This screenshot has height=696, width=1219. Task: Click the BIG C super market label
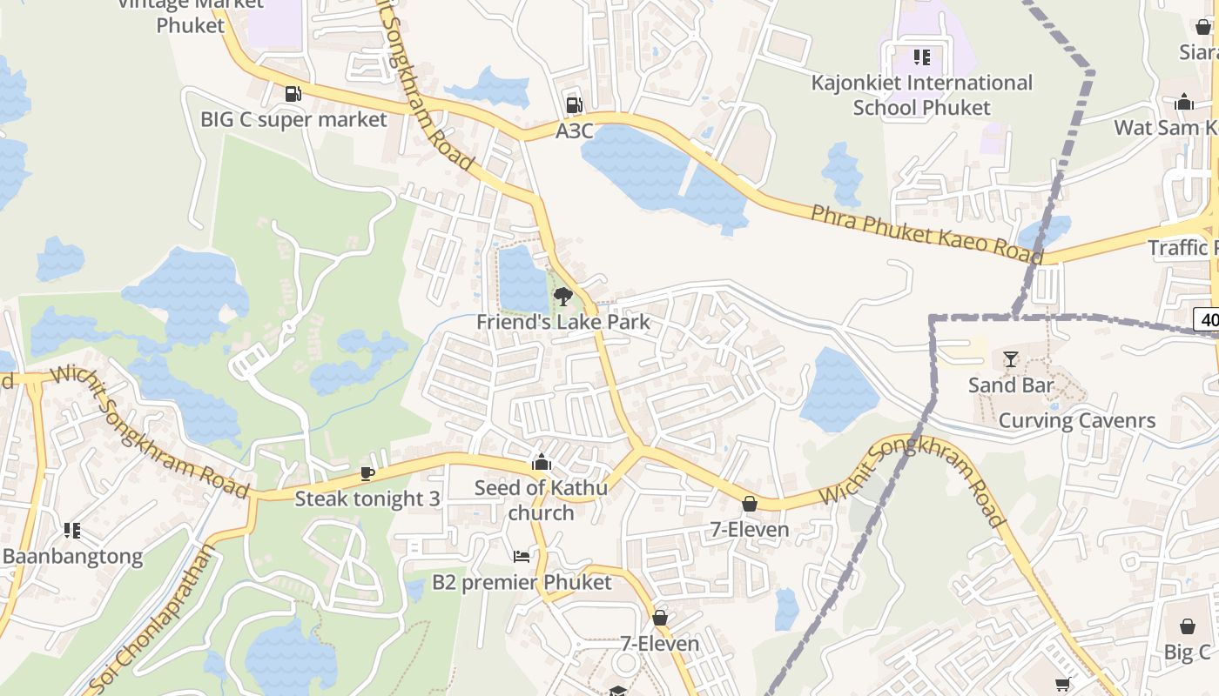[293, 119]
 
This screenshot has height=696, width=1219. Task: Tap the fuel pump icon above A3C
[573, 105]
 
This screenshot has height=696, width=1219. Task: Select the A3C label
[575, 131]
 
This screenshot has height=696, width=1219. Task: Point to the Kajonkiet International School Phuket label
[922, 95]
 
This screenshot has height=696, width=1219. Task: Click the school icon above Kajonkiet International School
[922, 57]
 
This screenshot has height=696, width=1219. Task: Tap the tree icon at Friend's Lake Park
[563, 296]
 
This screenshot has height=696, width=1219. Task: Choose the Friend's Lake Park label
[563, 322]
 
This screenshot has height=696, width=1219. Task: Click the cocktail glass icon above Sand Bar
[1010, 358]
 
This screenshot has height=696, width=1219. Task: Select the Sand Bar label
[1011, 385]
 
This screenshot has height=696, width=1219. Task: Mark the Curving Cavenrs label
[1077, 420]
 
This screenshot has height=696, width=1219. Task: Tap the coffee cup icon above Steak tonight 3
[367, 473]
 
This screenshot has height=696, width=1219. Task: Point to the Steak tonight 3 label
[367, 499]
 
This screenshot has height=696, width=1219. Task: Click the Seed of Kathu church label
[541, 500]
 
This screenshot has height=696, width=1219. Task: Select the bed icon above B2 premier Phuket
[522, 556]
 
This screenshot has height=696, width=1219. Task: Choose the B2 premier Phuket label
[522, 582]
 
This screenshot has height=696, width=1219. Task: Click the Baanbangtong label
[73, 557]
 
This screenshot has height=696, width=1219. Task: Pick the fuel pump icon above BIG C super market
[293, 93]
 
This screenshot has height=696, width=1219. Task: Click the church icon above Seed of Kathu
[542, 462]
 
